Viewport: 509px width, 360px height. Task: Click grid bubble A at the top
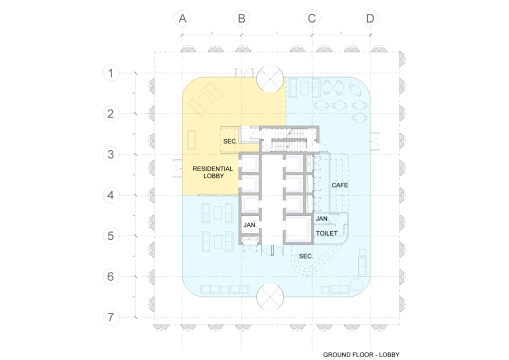click(x=182, y=18)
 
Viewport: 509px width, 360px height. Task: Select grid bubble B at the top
click(x=241, y=18)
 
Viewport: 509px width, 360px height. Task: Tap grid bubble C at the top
click(x=311, y=18)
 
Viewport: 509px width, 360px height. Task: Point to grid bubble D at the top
click(x=370, y=18)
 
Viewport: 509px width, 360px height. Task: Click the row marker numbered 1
click(x=110, y=73)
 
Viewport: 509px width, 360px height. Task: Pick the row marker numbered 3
click(x=110, y=154)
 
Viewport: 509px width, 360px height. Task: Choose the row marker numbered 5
click(x=110, y=235)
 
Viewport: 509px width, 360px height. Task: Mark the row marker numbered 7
click(x=110, y=317)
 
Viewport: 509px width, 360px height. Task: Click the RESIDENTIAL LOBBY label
click(x=212, y=172)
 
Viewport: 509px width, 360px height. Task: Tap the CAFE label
click(x=339, y=185)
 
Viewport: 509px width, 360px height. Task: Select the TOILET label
click(x=326, y=233)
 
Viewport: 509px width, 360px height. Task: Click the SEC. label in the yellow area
click(x=229, y=141)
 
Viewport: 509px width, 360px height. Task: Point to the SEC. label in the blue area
click(x=305, y=256)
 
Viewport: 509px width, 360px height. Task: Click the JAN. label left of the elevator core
click(x=250, y=225)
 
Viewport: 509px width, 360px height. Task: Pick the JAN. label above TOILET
click(x=322, y=219)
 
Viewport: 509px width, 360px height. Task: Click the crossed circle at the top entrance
click(x=270, y=79)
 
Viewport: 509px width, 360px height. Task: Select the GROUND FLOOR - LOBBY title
click(x=361, y=354)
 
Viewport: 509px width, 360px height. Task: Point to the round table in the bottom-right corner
click(x=357, y=284)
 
